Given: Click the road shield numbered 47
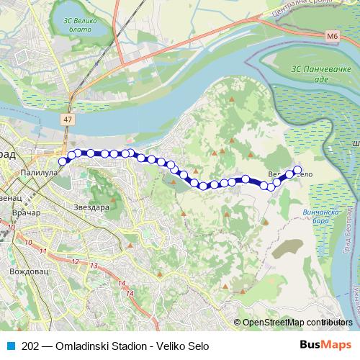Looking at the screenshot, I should pyautogui.click(x=68, y=117).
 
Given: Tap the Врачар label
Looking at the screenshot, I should pyautogui.click(x=27, y=215).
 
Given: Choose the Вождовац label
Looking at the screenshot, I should pyautogui.click(x=30, y=271).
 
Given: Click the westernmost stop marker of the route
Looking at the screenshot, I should pyautogui.click(x=63, y=161).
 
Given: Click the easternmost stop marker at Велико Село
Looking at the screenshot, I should pyautogui.click(x=297, y=170).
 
